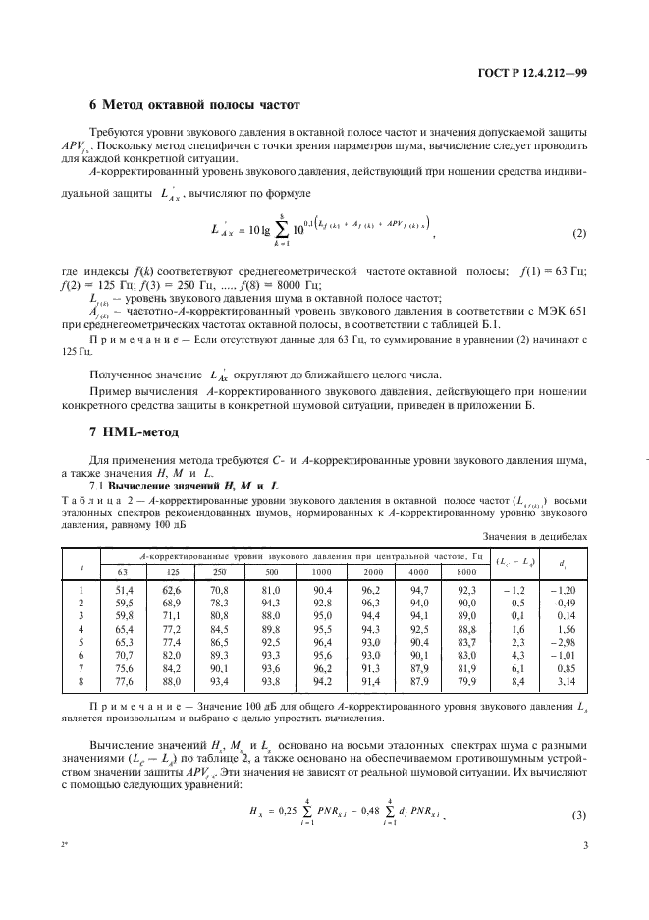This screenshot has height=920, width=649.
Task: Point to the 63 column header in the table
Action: (122, 571)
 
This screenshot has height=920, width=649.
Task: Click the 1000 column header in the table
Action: (322, 571)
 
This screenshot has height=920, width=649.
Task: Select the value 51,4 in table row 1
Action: (122, 590)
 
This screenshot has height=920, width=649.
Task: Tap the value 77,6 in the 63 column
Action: (122, 679)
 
